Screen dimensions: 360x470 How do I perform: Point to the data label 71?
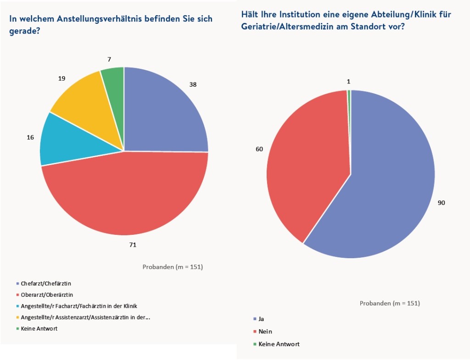133,245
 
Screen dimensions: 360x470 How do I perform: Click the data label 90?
441,203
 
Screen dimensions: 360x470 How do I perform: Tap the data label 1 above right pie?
349,82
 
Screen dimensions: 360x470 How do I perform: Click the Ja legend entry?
261,318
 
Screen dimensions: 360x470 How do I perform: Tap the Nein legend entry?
265,331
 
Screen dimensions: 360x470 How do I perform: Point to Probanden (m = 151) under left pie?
173,267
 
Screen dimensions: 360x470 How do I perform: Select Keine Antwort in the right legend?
279,344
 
